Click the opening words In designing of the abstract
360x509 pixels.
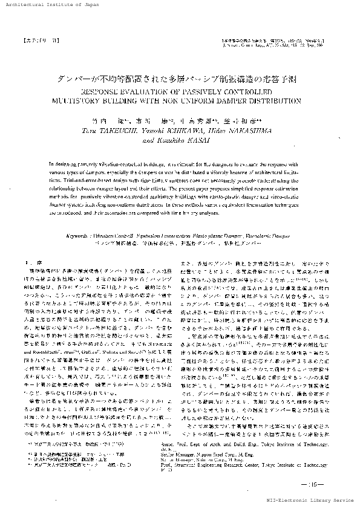(62, 163)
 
